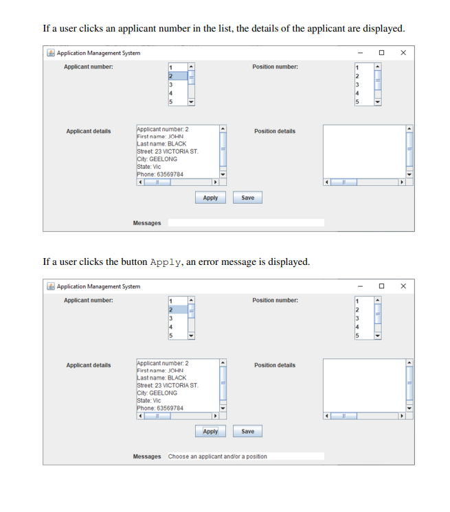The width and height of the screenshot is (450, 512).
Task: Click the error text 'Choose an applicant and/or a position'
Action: pyautogui.click(x=218, y=456)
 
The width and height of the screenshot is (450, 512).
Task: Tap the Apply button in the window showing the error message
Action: pyautogui.click(x=210, y=432)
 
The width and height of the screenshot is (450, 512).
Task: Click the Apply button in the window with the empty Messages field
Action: pyautogui.click(x=210, y=198)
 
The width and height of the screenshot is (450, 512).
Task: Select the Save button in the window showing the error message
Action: pyautogui.click(x=248, y=432)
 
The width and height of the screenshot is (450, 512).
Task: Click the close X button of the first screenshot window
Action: pyautogui.click(x=403, y=53)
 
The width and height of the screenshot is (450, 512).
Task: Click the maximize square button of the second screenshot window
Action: pyautogui.click(x=381, y=286)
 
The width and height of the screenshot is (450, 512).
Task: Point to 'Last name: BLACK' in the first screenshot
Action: pyautogui.click(x=161, y=144)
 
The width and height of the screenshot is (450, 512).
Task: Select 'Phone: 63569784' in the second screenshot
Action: pyautogui.click(x=160, y=408)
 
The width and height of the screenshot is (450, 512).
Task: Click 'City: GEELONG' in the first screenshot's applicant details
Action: pyautogui.click(x=157, y=159)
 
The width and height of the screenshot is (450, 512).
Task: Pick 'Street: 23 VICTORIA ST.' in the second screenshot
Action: pyautogui.click(x=168, y=386)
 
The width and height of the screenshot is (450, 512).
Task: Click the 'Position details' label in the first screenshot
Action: pyautogui.click(x=275, y=131)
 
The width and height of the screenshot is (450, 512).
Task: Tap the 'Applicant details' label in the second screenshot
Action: pyautogui.click(x=88, y=365)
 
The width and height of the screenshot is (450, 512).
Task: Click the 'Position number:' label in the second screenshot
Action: pyautogui.click(x=275, y=301)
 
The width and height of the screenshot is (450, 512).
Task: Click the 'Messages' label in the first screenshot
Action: pyautogui.click(x=147, y=223)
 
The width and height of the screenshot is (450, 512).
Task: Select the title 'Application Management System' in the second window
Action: pyautogui.click(x=98, y=287)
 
